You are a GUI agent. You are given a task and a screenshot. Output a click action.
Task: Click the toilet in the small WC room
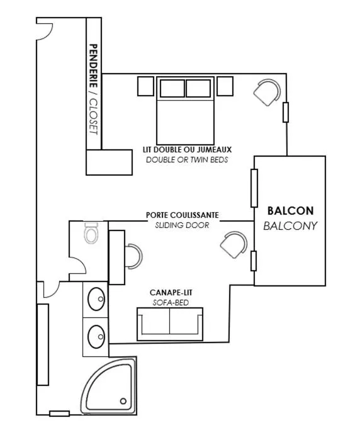click(x=91, y=233)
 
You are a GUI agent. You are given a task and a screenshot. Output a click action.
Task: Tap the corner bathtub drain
click(x=123, y=401)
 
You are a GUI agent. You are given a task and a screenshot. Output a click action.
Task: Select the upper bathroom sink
click(x=96, y=299)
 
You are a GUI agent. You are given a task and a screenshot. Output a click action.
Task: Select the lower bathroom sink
click(x=96, y=337)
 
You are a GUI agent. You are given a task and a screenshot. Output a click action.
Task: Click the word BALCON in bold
click(x=290, y=211)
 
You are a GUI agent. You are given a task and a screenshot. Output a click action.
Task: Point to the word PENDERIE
click(x=93, y=66)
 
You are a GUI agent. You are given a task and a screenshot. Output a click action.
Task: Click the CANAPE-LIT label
click(x=171, y=293)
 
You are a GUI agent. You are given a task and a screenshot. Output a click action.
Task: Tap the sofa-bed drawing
click(x=170, y=324)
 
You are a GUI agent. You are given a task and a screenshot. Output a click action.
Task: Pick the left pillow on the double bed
click(x=172, y=88)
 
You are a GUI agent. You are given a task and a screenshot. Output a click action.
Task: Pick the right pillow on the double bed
click(x=198, y=88)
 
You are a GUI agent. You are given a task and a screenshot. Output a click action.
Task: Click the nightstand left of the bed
click(x=146, y=86)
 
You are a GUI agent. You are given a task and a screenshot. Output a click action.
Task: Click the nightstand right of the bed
click(x=225, y=86)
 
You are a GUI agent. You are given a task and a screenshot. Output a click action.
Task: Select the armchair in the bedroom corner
click(x=267, y=92)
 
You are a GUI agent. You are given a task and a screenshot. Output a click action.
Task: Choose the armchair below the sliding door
click(x=234, y=244)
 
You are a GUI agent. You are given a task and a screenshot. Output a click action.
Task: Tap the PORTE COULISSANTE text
click(x=183, y=215)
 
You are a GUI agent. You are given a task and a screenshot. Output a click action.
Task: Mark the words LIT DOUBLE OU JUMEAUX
click(x=187, y=150)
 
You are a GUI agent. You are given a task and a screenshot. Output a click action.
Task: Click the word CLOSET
click(x=93, y=116)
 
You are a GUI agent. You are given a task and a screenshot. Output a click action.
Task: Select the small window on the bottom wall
click(x=60, y=414)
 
